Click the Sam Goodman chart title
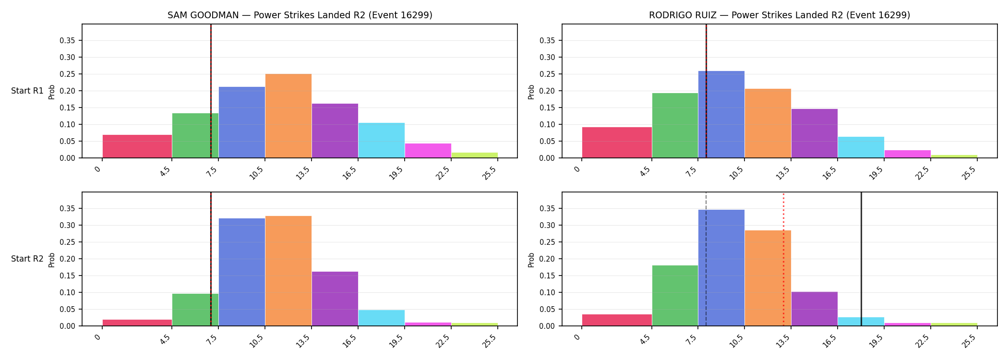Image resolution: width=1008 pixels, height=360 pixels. (300, 15)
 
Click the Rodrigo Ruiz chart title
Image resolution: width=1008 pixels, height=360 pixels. (780, 15)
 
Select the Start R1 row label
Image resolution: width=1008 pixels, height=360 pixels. (27, 91)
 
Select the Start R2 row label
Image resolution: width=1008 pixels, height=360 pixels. (27, 259)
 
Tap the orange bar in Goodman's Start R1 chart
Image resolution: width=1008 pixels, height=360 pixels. (288, 116)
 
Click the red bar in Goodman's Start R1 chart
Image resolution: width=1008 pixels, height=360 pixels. (137, 146)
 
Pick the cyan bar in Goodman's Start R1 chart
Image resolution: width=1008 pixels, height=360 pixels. (382, 140)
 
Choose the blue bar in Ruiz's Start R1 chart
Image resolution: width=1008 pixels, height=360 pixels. (721, 114)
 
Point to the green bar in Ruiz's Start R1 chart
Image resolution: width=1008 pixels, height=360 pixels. (675, 125)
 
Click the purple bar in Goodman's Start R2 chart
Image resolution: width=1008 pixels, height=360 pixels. (335, 299)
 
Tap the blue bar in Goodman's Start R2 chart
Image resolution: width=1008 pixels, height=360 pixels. (242, 272)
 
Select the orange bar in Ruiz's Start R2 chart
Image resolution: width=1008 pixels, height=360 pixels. (768, 278)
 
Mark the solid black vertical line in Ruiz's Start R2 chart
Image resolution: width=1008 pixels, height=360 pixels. (861, 259)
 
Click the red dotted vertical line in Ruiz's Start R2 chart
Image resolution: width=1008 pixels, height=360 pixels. (783, 259)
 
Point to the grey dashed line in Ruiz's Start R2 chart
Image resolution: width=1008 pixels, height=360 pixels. (706, 259)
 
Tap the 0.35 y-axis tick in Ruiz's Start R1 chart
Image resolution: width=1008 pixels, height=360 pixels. (547, 40)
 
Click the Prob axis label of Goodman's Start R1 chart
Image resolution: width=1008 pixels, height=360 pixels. (52, 92)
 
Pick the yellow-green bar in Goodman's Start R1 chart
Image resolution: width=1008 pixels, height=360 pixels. (475, 155)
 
